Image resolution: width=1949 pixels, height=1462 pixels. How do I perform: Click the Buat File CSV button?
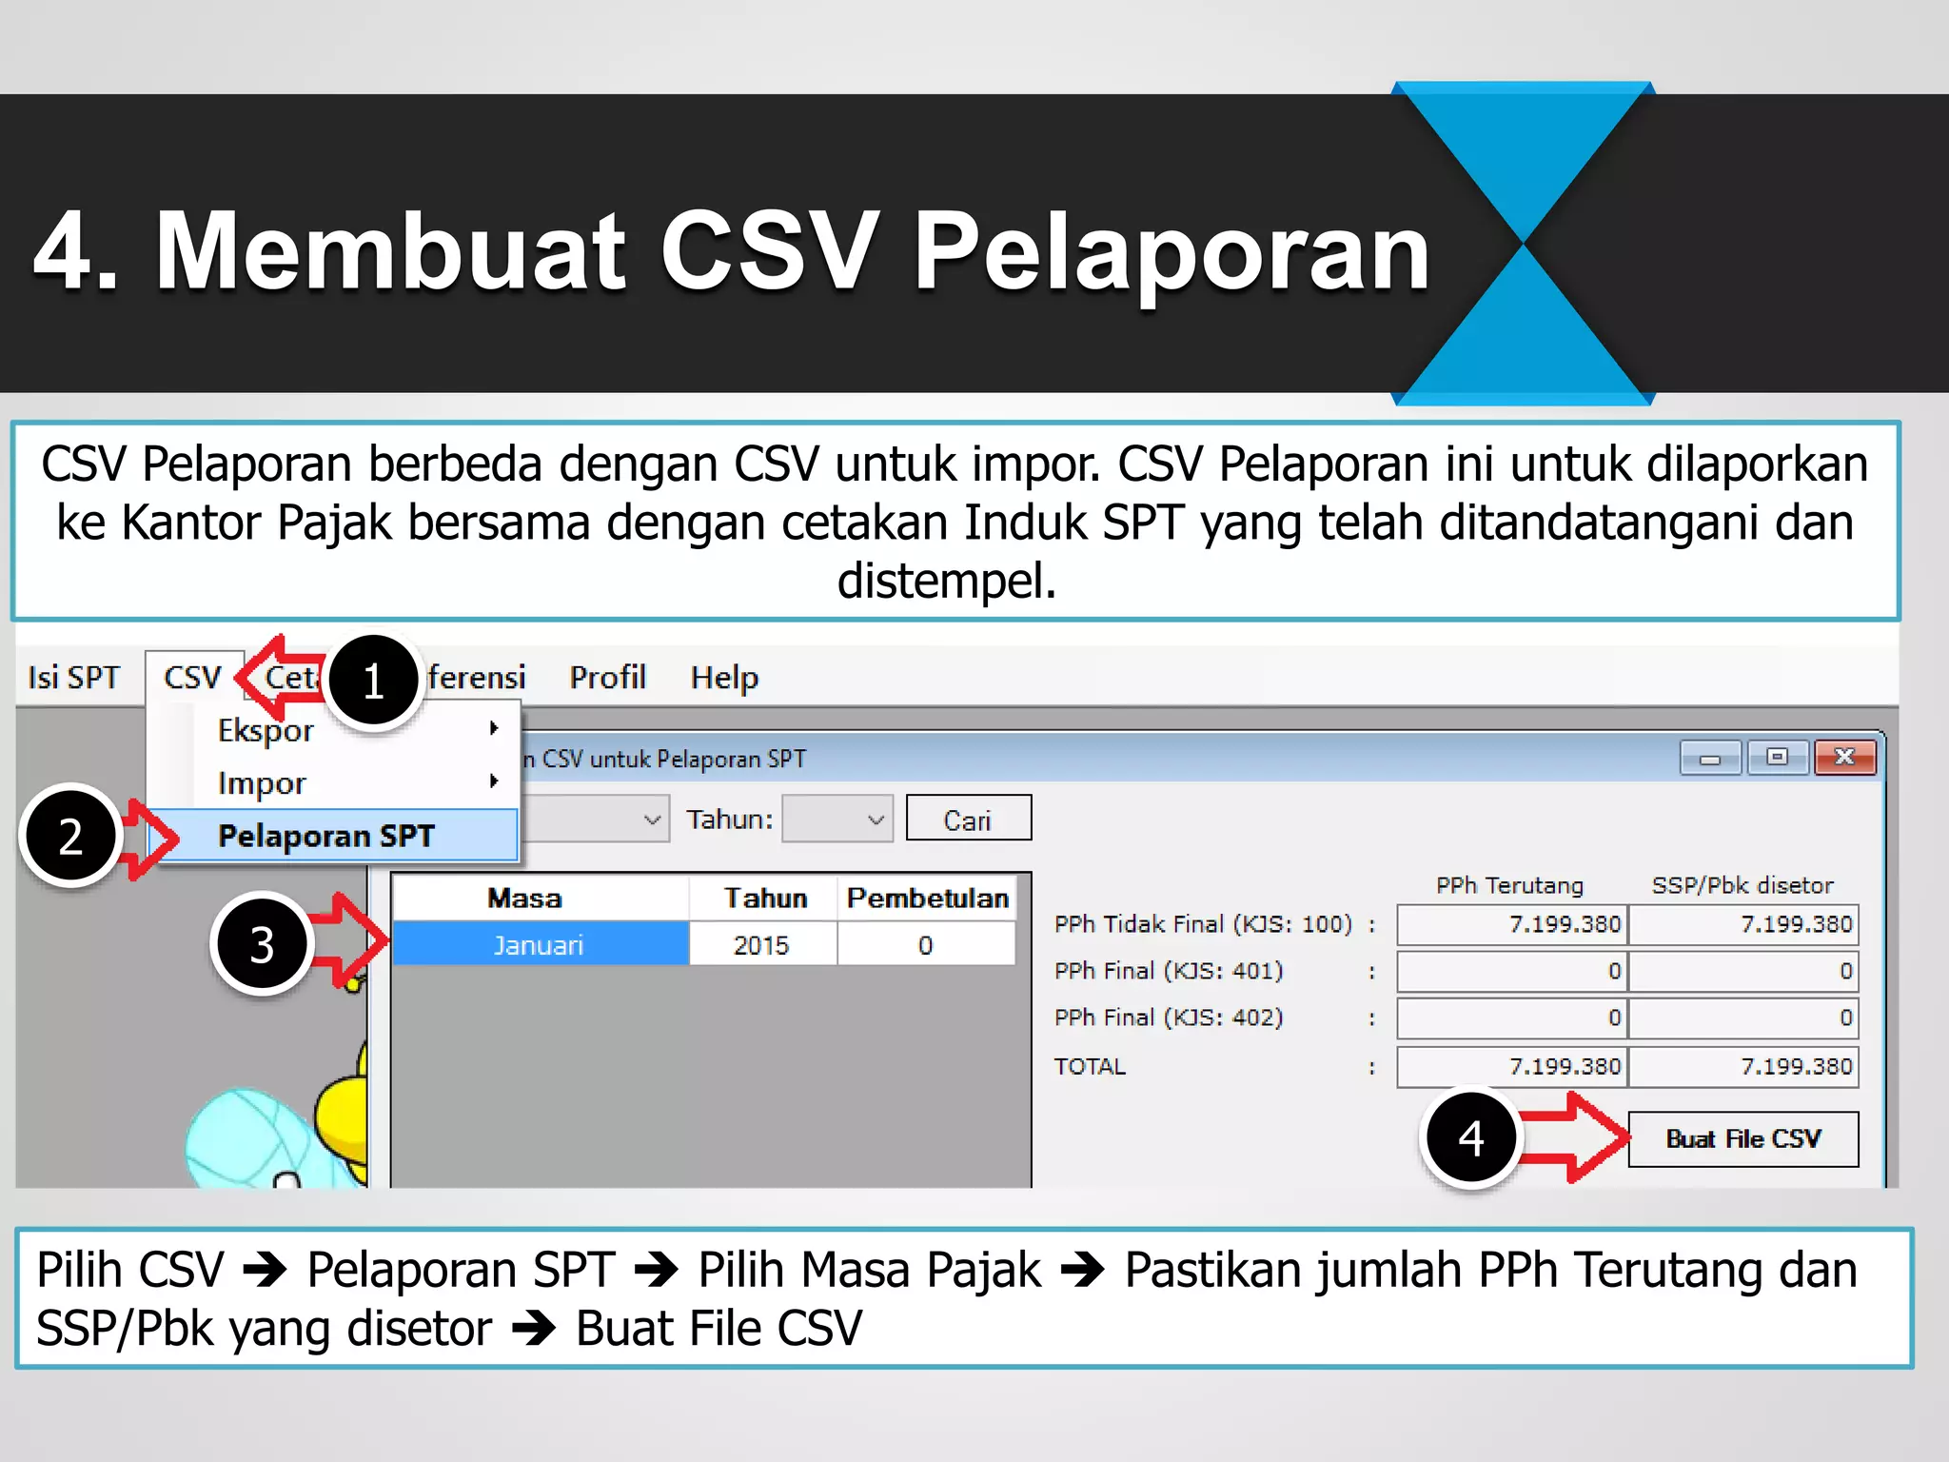click(x=1742, y=1139)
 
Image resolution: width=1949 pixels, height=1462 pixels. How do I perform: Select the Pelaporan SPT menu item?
click(x=326, y=836)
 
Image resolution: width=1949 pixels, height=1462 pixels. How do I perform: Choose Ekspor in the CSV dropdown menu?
click(x=266, y=730)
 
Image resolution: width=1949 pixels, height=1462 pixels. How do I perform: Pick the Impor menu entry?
click(x=262, y=783)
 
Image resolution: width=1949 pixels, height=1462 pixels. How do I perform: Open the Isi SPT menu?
click(x=73, y=678)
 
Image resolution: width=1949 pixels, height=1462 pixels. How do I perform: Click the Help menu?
click(x=724, y=678)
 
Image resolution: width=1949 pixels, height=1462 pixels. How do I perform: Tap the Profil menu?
click(x=607, y=678)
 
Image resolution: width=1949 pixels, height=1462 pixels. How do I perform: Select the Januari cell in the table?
click(x=539, y=945)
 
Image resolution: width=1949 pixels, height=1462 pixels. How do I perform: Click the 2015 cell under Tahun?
click(x=761, y=945)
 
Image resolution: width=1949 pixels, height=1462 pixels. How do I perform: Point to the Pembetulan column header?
click(x=928, y=898)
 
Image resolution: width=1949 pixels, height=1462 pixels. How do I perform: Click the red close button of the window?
click(x=1844, y=758)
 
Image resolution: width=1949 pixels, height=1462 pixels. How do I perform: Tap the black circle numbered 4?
click(x=1471, y=1138)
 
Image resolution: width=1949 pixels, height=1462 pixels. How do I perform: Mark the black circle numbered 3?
click(x=262, y=944)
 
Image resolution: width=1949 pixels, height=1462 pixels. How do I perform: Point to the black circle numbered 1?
click(x=373, y=682)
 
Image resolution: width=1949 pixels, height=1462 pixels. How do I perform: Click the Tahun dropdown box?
click(x=837, y=820)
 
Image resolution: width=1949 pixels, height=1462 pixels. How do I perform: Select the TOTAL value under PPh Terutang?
click(x=1512, y=1067)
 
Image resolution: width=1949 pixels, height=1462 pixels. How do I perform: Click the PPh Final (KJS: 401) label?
click(x=1169, y=971)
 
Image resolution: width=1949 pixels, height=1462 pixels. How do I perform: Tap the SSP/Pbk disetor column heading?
click(x=1742, y=886)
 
